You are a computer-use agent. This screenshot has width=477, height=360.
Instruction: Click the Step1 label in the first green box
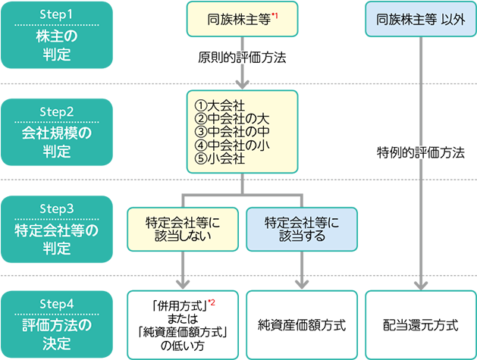pos(57,14)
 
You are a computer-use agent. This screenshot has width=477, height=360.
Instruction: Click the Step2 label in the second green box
pos(57,111)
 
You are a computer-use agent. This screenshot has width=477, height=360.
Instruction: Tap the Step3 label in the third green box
pos(57,206)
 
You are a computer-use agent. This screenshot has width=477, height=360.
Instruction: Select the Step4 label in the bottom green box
pos(57,302)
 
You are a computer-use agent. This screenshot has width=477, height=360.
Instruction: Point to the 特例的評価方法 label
pos(420,152)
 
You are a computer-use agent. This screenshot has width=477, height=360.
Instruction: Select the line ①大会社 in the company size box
pos(220,105)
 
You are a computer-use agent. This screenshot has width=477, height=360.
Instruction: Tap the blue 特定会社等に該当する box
pos(302,230)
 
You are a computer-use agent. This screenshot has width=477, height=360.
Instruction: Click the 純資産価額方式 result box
pos(302,325)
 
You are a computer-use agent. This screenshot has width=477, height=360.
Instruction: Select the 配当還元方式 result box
pos(420,325)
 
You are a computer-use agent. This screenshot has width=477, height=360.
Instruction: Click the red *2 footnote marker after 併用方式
pos(212,302)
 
